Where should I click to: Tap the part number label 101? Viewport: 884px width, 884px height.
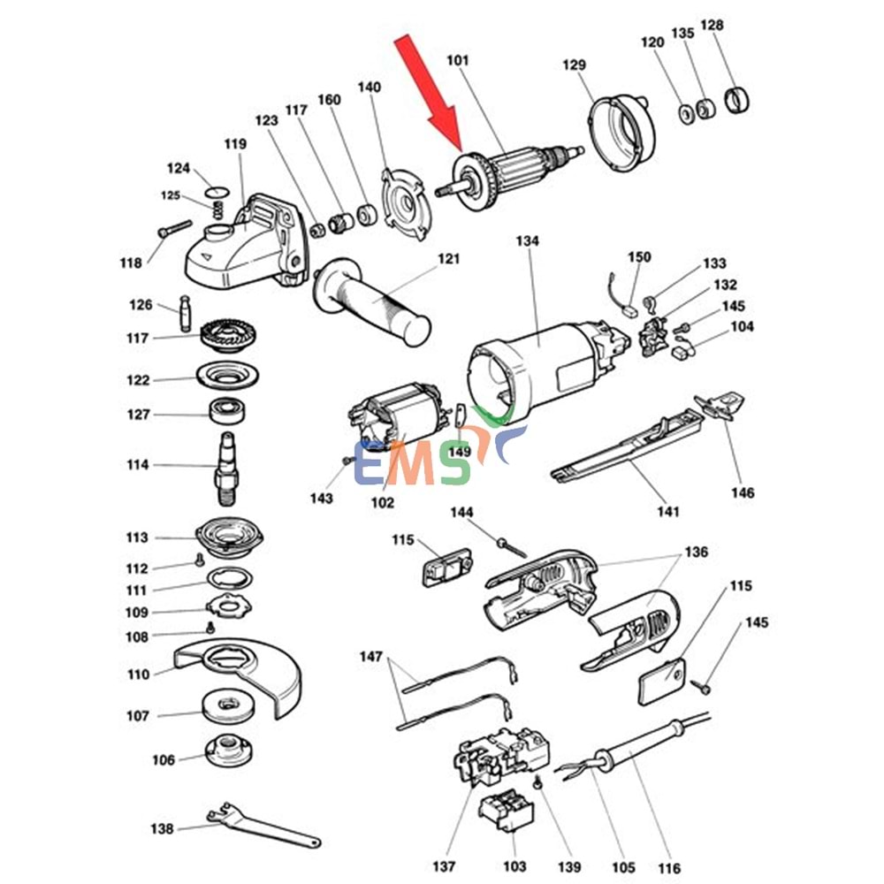458,60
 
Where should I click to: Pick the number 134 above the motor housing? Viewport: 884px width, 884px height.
528,240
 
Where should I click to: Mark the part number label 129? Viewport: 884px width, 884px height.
574,65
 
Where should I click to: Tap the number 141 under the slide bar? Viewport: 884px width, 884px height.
668,512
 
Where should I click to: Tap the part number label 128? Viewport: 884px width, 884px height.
712,25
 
